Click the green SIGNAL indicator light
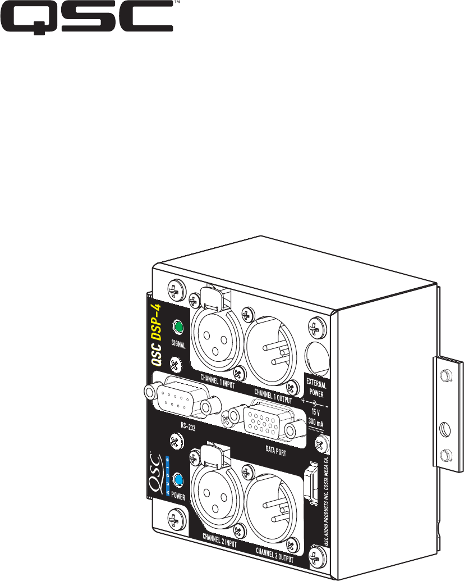[178, 327]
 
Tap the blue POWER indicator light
[178, 480]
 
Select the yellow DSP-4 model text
[157, 319]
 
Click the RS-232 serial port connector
[182, 398]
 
